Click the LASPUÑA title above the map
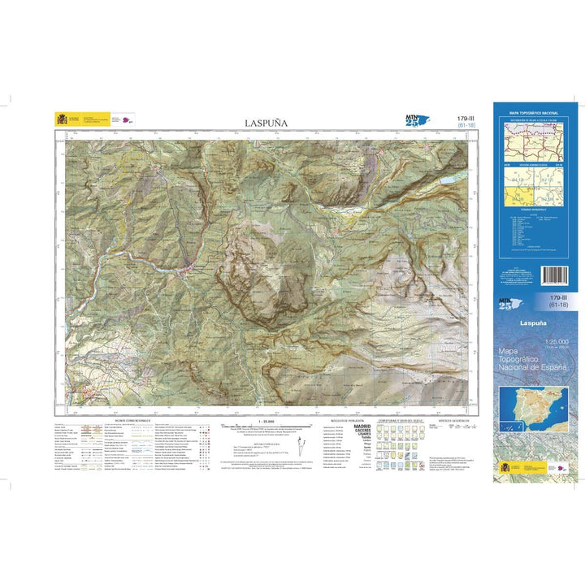click(x=266, y=123)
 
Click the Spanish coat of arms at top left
click(x=62, y=119)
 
